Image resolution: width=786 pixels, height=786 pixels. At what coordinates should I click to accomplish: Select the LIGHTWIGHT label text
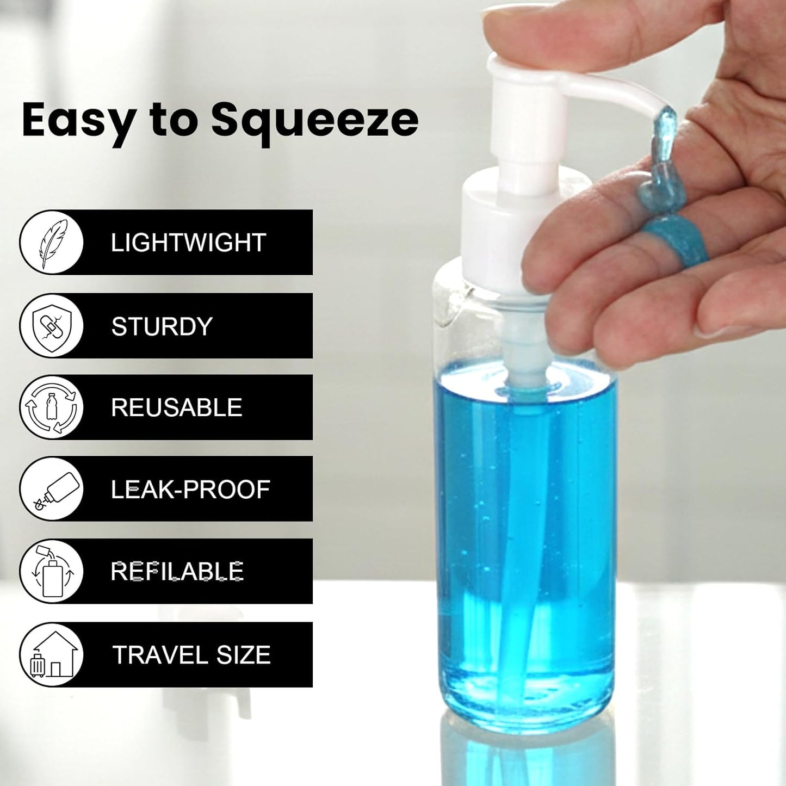pyautogui.click(x=188, y=243)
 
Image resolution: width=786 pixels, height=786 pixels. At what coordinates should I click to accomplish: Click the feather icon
pyautogui.click(x=52, y=243)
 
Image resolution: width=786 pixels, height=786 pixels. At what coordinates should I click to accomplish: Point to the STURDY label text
pyautogui.click(x=162, y=326)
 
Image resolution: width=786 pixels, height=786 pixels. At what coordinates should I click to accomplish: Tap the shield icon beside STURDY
pyautogui.click(x=52, y=326)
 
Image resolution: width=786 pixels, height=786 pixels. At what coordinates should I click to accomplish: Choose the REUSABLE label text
pyautogui.click(x=176, y=407)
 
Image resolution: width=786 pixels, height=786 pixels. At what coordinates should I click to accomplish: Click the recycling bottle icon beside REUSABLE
pyautogui.click(x=52, y=407)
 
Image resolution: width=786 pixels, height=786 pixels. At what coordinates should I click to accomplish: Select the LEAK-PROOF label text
pyautogui.click(x=190, y=490)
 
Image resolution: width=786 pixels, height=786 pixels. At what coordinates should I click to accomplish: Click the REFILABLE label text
pyautogui.click(x=177, y=571)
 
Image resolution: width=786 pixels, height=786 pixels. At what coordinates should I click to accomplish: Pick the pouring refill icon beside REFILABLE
pyautogui.click(x=52, y=571)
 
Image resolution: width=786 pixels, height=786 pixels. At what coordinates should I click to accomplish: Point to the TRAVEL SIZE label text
pyautogui.click(x=191, y=655)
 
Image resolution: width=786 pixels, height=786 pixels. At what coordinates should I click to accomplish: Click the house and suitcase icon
pyautogui.click(x=52, y=655)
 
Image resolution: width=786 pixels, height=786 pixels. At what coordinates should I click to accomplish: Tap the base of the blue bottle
pyautogui.click(x=525, y=702)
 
